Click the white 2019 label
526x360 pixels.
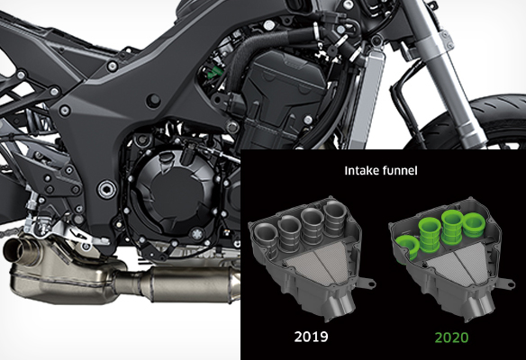[311, 337]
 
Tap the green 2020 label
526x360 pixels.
[451, 337]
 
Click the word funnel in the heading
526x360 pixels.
[399, 171]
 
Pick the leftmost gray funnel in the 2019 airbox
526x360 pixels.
[265, 235]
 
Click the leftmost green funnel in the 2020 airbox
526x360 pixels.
[407, 247]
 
